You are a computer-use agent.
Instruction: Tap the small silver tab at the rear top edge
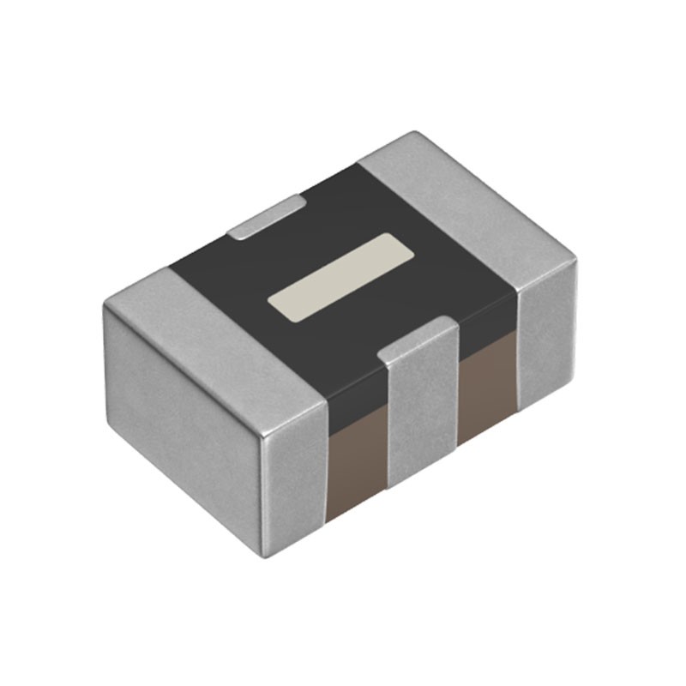coord(268,216)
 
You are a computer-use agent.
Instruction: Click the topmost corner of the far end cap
coord(415,133)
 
